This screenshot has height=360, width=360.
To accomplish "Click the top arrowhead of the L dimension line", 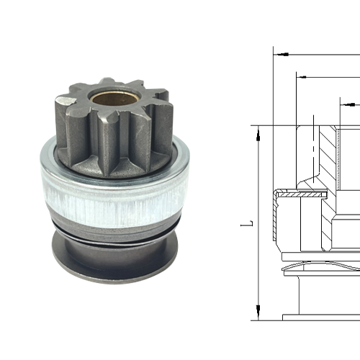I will pos(257,130).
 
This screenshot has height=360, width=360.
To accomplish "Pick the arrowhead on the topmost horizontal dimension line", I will pos(282,53).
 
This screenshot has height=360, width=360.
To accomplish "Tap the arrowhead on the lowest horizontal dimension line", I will pos(346,105).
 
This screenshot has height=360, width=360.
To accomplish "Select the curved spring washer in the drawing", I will pos(317,267).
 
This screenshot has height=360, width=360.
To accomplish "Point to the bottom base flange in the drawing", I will pos(320,317).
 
